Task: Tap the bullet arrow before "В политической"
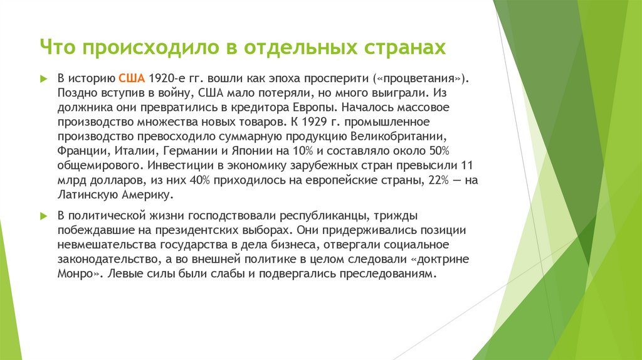pyautogui.click(x=44, y=215)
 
